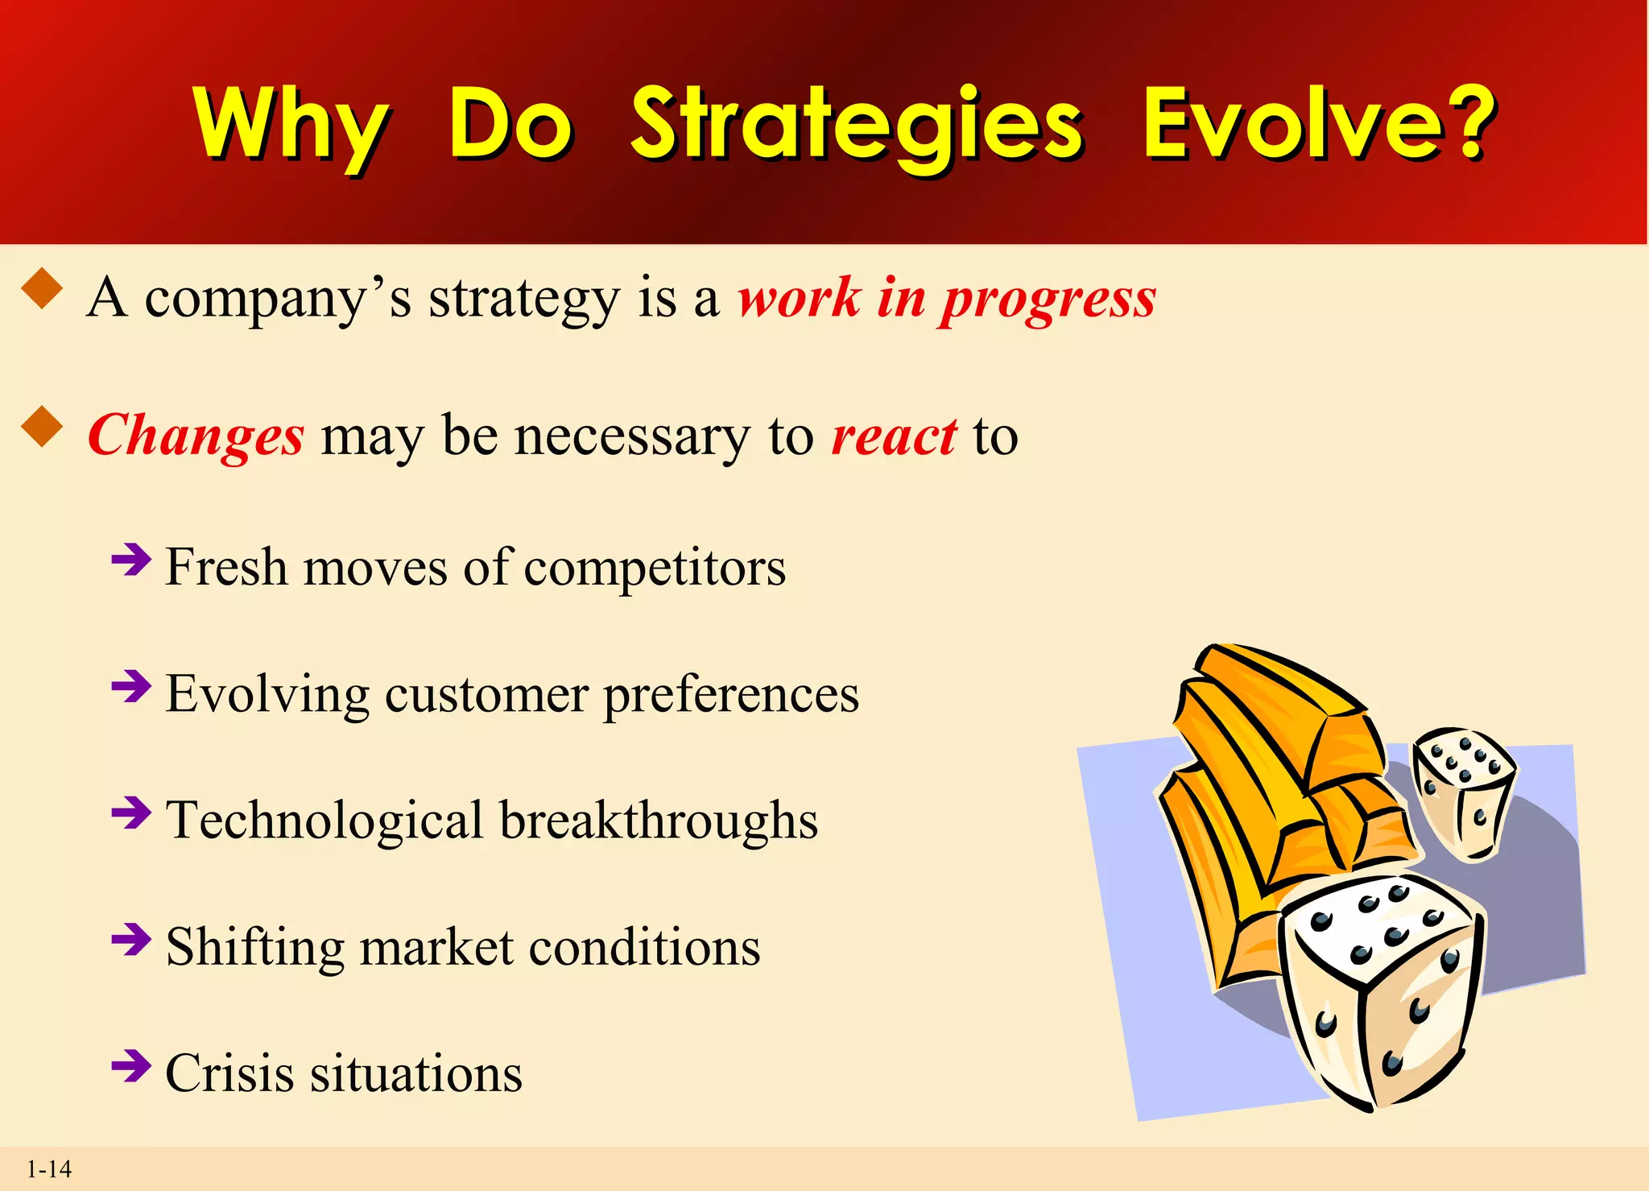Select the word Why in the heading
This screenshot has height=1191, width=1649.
pyautogui.click(x=291, y=125)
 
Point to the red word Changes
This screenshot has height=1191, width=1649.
pyautogui.click(x=196, y=436)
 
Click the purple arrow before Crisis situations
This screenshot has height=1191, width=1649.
pyautogui.click(x=131, y=1066)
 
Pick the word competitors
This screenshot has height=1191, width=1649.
pyautogui.click(x=655, y=568)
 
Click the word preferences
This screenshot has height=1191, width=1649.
pyautogui.click(x=731, y=694)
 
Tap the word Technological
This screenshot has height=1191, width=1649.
pyautogui.click(x=324, y=821)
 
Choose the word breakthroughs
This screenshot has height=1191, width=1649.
pyautogui.click(x=659, y=821)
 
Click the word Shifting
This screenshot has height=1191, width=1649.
pyautogui.click(x=255, y=947)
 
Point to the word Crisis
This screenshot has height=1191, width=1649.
pyautogui.click(x=229, y=1073)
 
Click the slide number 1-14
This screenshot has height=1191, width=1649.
pyautogui.click(x=49, y=1169)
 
